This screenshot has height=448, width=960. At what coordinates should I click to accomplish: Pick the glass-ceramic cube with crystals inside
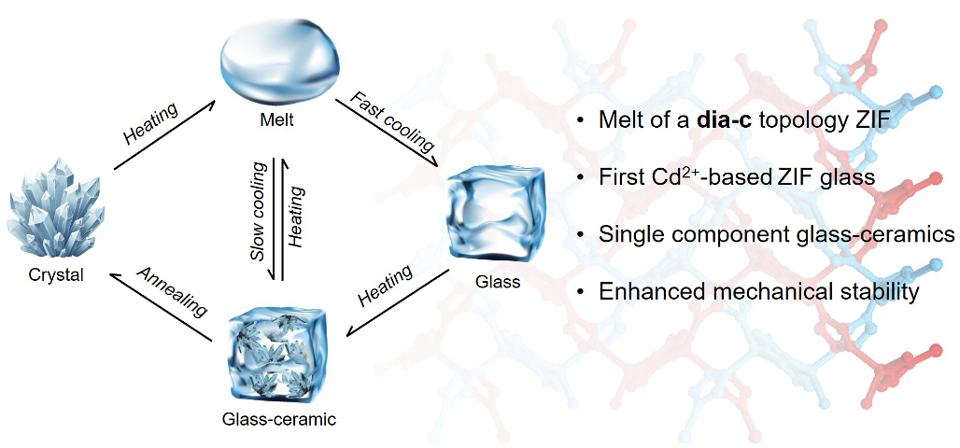(278, 355)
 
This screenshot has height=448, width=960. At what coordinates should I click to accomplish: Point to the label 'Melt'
(275, 120)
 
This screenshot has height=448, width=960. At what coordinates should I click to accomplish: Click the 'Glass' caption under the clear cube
(497, 282)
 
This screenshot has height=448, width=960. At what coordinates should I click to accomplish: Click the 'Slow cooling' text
(261, 211)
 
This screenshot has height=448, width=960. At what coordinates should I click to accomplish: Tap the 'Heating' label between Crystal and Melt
(150, 124)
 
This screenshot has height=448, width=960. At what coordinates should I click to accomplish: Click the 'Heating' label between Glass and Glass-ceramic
(385, 286)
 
